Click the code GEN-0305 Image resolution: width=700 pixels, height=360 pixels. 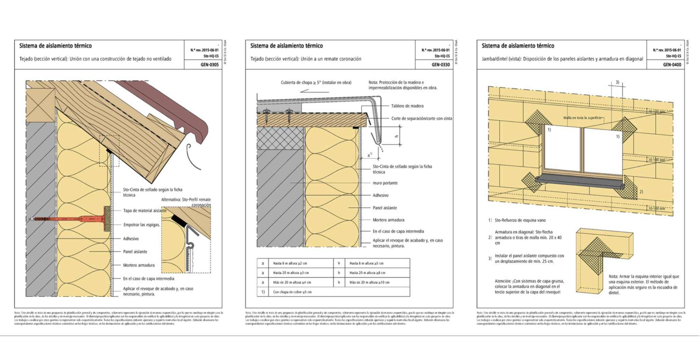[210, 64]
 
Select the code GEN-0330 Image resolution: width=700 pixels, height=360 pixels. [441, 64]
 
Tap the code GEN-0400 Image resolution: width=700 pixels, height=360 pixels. [672, 64]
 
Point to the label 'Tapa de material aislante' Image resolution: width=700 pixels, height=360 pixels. [145, 211]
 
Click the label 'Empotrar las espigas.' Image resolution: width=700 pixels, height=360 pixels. [142, 225]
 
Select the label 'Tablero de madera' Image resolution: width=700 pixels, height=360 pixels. [407, 106]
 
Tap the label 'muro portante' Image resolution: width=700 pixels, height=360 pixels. [385, 183]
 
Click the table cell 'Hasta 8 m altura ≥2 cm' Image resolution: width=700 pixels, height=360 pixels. [290, 263]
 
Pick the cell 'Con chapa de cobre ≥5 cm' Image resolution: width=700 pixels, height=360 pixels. [292, 292]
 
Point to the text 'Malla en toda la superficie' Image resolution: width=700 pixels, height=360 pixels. [582, 118]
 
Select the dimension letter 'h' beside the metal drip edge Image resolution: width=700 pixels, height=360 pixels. [396, 136]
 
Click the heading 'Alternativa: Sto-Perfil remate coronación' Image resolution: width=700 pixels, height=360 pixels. [186, 202]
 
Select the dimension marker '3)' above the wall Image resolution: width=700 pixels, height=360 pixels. [617, 82]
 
